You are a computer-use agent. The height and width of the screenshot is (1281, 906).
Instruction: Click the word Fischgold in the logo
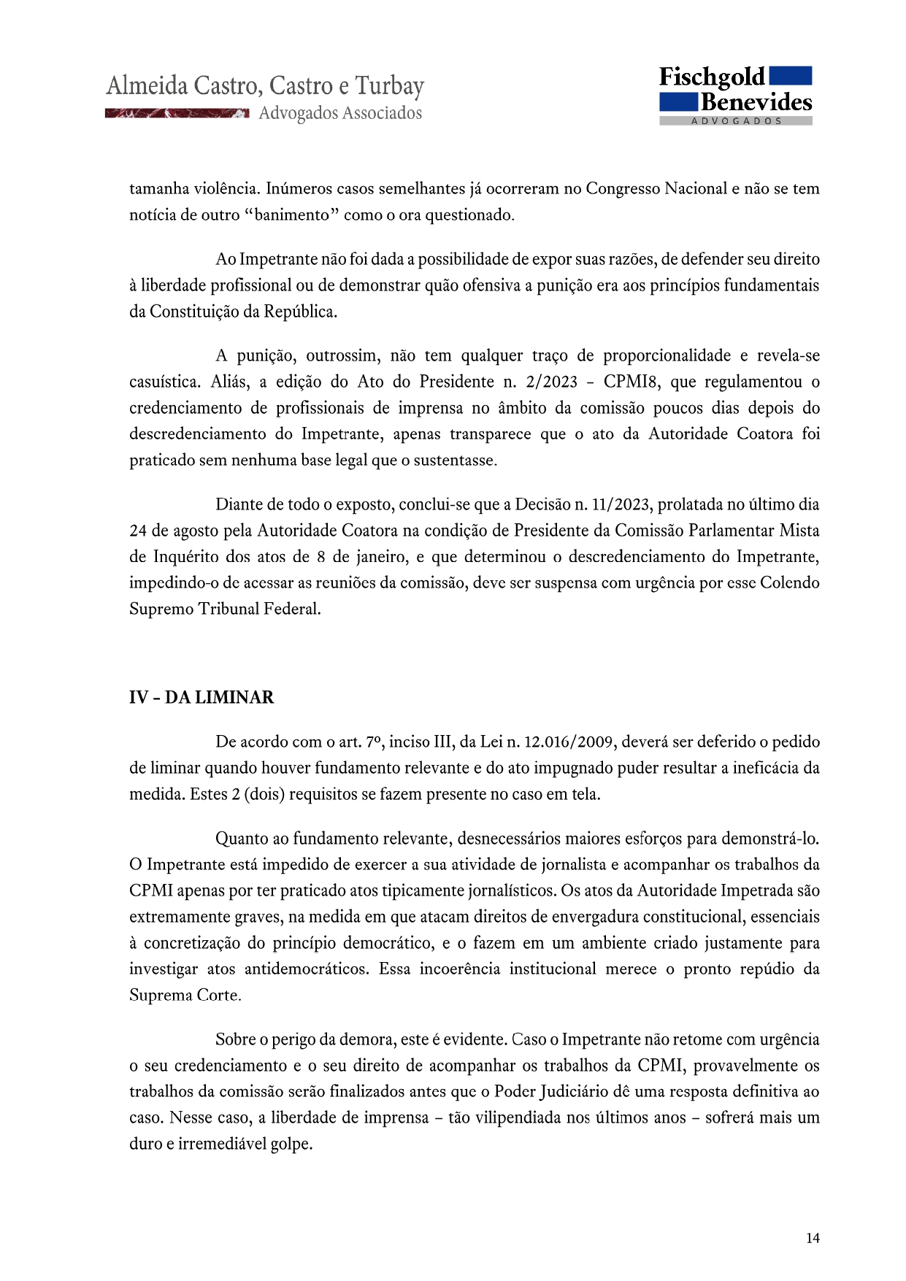coord(712,77)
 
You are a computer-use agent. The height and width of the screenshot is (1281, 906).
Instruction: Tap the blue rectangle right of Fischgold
coord(791,75)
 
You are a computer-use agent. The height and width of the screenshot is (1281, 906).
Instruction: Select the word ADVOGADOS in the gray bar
coord(736,121)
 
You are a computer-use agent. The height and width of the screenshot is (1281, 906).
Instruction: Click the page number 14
coord(813,1238)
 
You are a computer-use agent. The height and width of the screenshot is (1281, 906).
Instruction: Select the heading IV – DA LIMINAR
coord(201,698)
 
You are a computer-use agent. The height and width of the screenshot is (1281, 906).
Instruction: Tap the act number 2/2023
coord(551,382)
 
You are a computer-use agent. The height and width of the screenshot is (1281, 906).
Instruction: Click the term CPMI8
coord(632,382)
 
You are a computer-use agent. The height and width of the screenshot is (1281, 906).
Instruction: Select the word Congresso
coord(623,189)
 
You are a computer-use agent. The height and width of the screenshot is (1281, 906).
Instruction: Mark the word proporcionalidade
coord(667,355)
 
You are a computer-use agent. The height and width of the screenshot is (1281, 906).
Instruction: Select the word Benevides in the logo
coord(756,102)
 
